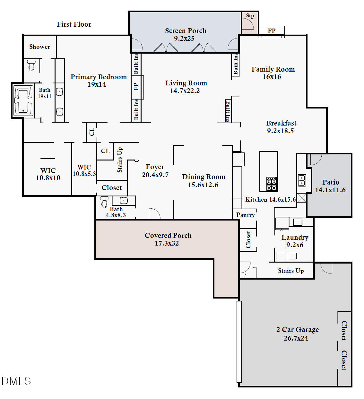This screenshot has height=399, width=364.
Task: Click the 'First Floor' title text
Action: [74, 24]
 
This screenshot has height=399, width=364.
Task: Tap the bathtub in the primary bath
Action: [23, 100]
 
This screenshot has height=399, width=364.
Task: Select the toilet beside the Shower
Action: [31, 65]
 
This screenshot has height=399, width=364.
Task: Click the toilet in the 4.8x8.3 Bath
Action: [104, 202]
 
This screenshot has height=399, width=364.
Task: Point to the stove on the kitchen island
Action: [272, 184]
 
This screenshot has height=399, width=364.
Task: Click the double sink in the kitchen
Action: [302, 180]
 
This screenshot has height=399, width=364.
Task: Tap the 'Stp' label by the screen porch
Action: [250, 16]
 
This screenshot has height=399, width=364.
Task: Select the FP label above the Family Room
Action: [272, 31]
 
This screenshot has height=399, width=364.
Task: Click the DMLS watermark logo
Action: [16, 381]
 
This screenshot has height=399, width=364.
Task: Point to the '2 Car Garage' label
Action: [298, 330]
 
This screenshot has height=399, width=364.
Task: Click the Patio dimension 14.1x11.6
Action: [330, 190]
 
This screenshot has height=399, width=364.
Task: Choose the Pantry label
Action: [245, 215]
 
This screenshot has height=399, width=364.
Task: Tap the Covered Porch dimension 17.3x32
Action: [167, 243]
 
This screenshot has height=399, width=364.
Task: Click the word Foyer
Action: [155, 167]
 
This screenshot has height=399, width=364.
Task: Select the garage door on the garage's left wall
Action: [239, 342]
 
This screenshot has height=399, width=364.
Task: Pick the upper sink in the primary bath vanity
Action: [60, 92]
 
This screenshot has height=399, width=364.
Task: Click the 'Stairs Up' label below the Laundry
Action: [290, 271]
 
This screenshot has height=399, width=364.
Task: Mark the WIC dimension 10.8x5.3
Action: [84, 174]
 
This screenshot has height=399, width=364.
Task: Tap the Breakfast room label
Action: [281, 123]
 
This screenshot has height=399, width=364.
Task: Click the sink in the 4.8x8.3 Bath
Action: [124, 201]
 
